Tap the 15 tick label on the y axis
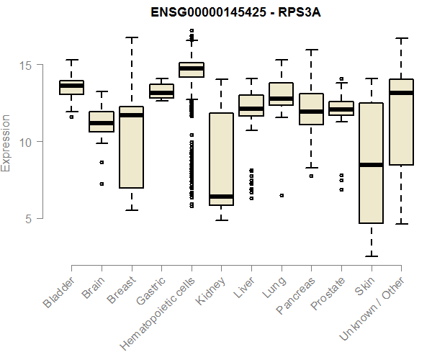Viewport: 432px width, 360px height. tap(27, 66)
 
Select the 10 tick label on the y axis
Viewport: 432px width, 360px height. tap(27, 142)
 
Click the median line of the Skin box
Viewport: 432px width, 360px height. tap(371, 165)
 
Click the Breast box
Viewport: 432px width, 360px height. tap(132, 148)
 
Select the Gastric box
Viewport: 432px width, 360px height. tap(161, 91)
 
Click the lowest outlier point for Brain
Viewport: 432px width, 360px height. tap(102, 184)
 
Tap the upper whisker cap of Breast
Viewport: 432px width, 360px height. tap(132, 37)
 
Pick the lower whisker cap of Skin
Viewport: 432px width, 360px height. tap(371, 256)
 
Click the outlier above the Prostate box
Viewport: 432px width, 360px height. tap(341, 78)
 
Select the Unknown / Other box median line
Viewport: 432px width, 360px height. tap(401, 93)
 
